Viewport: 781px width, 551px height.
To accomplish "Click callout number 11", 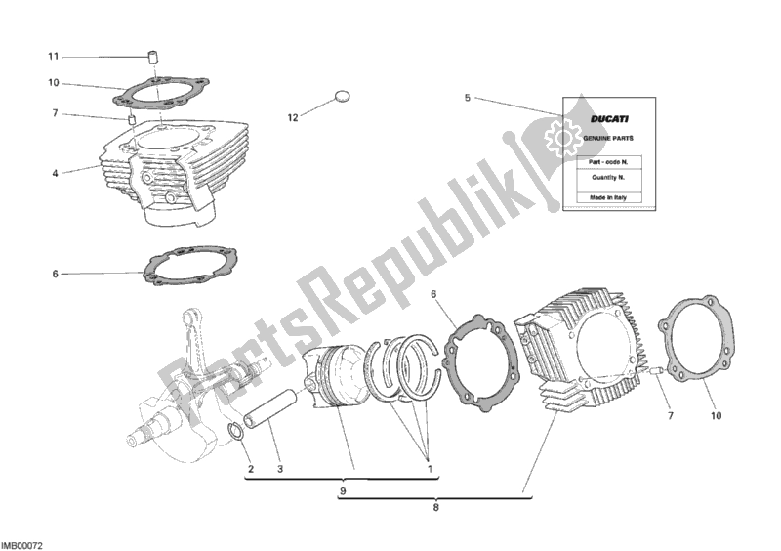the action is pos(54,57).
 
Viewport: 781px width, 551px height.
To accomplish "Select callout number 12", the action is pos(293,117).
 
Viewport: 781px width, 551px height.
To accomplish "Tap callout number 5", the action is pos(468,98).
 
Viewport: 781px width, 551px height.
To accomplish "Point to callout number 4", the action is pos(55,174).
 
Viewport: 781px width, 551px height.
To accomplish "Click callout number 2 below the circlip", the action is pos(251,469).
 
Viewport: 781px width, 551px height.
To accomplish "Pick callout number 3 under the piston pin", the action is pos(280,469).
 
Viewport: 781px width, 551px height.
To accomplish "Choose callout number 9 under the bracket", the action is pos(343,491).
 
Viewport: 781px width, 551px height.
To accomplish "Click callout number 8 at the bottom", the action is pos(435,508).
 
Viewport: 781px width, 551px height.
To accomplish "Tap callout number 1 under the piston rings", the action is pos(430,469).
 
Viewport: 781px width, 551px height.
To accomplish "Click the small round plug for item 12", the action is pos(342,97).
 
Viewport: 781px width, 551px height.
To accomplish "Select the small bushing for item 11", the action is pos(154,57).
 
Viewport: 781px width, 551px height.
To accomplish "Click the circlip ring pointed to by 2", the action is pos(236,430).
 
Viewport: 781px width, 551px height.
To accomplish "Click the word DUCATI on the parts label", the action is pos(609,119).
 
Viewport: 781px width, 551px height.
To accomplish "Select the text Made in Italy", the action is pos(608,197).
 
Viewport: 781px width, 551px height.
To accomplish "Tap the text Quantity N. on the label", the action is pos(608,178).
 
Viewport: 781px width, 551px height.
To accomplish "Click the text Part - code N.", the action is pos(608,162).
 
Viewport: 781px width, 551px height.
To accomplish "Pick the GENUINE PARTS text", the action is pos(608,138).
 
